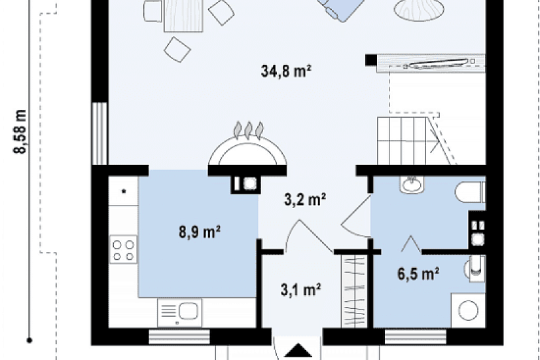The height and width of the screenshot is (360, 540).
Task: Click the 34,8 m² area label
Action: (x=286, y=71)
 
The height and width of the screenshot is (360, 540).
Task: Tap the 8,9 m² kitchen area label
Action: (x=200, y=232)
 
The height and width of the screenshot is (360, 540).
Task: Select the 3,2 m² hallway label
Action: (x=305, y=199)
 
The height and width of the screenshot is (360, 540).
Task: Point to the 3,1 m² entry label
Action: (x=300, y=289)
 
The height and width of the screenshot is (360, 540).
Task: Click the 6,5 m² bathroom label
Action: (x=418, y=274)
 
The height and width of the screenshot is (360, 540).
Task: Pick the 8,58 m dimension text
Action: (x=20, y=132)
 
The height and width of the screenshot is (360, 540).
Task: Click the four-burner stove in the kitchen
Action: (x=123, y=250)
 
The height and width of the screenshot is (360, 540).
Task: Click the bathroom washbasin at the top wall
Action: (x=412, y=185)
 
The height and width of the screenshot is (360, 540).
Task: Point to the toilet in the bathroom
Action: (x=470, y=192)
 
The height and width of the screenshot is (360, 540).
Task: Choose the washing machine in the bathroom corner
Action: (x=468, y=310)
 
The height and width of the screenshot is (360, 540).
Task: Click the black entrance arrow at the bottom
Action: (x=298, y=351)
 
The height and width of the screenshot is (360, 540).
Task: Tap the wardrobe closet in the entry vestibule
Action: (x=354, y=291)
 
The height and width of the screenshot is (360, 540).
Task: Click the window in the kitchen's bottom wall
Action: (x=179, y=336)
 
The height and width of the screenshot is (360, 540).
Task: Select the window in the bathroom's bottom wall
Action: (x=416, y=336)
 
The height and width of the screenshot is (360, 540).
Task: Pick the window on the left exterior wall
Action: (x=100, y=134)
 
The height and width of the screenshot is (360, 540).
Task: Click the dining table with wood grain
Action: (x=183, y=16)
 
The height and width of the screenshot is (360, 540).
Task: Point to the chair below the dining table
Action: (x=177, y=50)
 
